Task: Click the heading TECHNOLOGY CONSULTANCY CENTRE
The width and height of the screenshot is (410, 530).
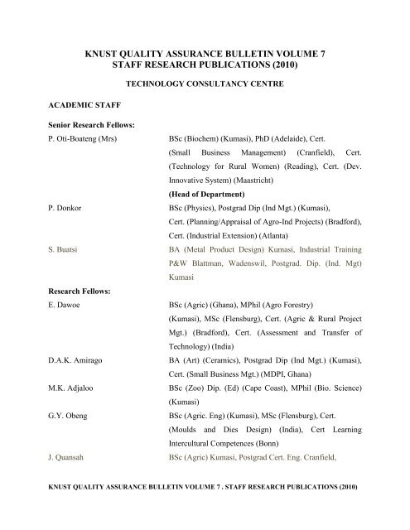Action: [204, 84]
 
